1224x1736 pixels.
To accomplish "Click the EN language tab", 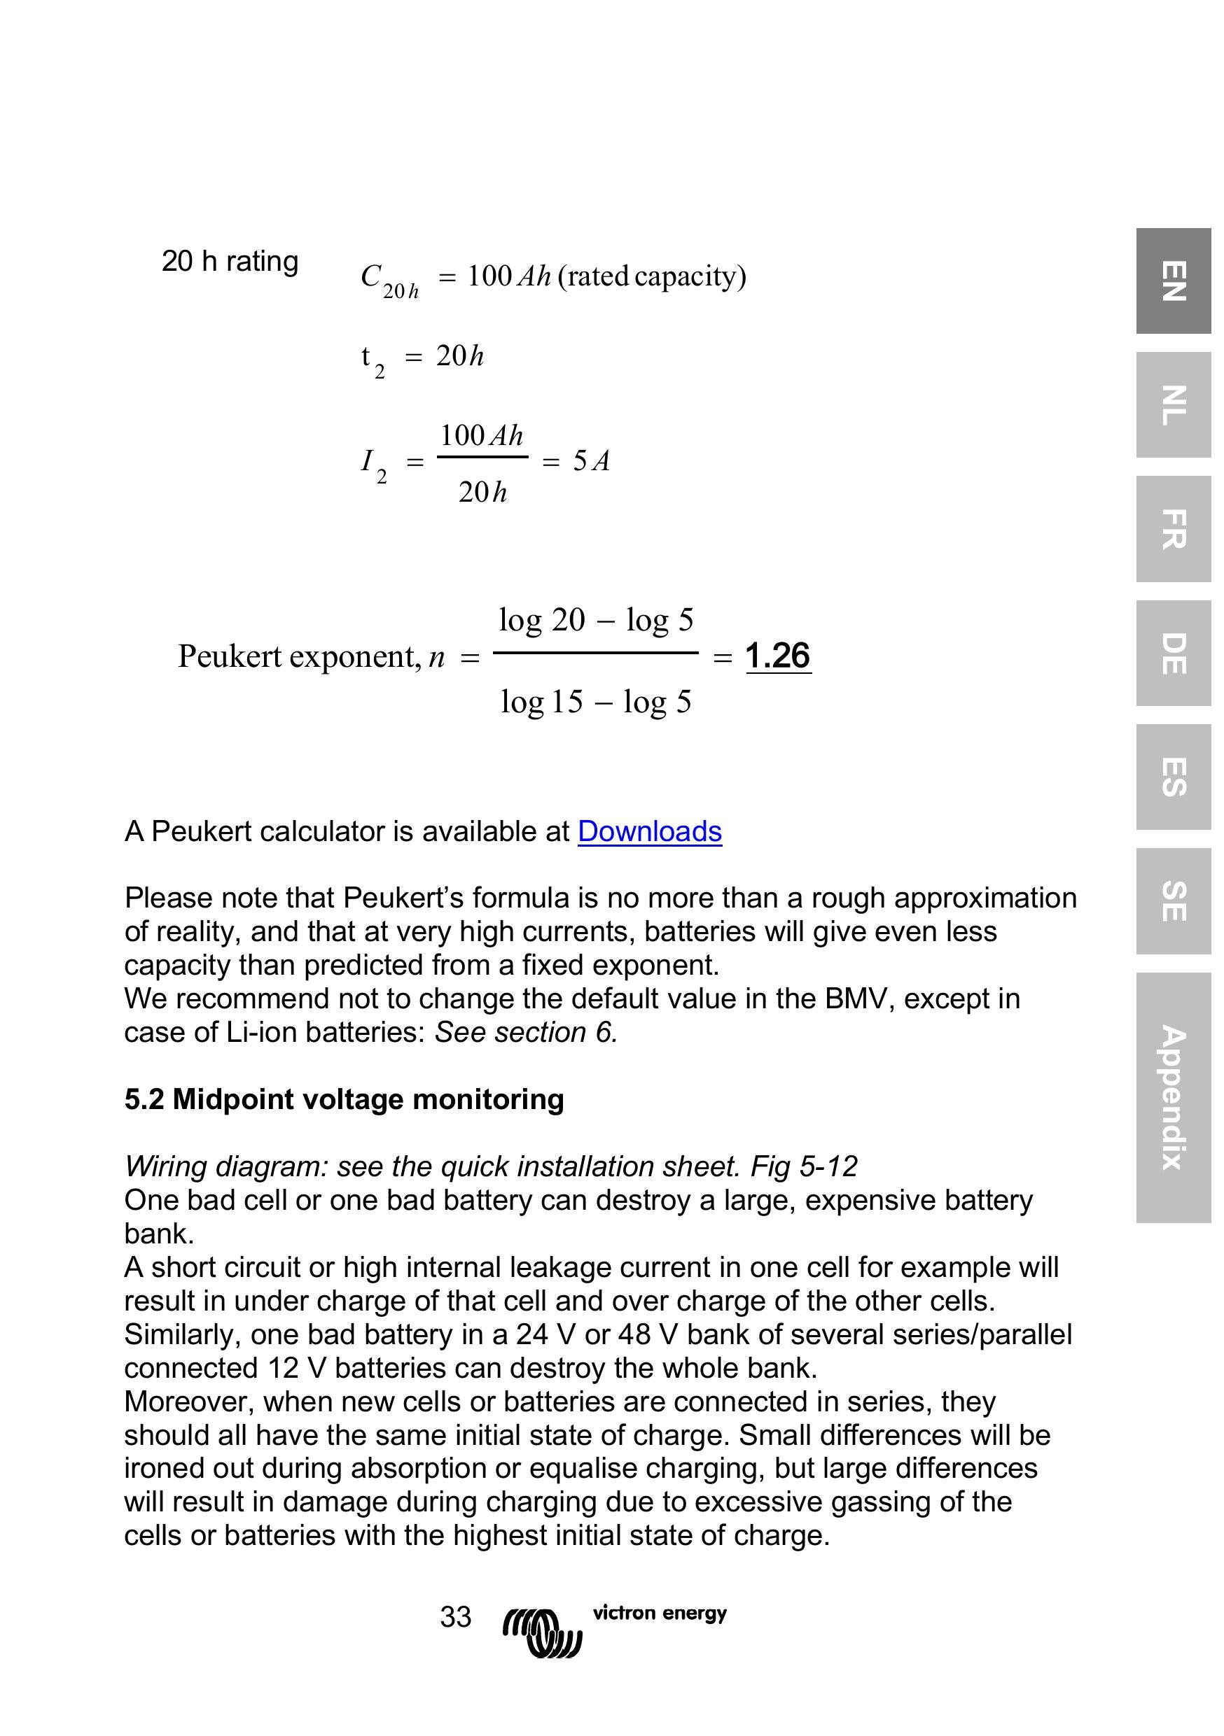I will (1173, 281).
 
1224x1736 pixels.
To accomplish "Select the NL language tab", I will (1173, 404).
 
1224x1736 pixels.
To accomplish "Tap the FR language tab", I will (1173, 528).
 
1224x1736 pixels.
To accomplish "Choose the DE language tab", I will (1173, 654).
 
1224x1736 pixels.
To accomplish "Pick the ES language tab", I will (1173, 777).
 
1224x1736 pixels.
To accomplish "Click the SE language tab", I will (1173, 901).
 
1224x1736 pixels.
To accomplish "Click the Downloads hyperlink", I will (649, 831).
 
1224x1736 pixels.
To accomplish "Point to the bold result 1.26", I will (778, 655).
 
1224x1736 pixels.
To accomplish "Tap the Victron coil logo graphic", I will (542, 1632).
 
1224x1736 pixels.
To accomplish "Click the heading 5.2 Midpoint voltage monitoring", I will (345, 1099).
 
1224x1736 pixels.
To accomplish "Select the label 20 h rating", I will (230, 261).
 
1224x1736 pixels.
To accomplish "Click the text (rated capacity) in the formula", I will (651, 276).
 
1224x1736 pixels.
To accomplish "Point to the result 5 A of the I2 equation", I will (591, 460).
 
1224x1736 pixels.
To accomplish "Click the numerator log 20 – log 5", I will (596, 620).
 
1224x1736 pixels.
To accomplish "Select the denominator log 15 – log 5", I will (596, 702).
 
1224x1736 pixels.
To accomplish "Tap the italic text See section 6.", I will (527, 1031).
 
